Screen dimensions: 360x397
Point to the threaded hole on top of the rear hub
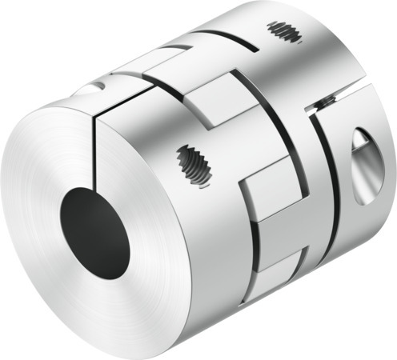pyautogui.click(x=287, y=33)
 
